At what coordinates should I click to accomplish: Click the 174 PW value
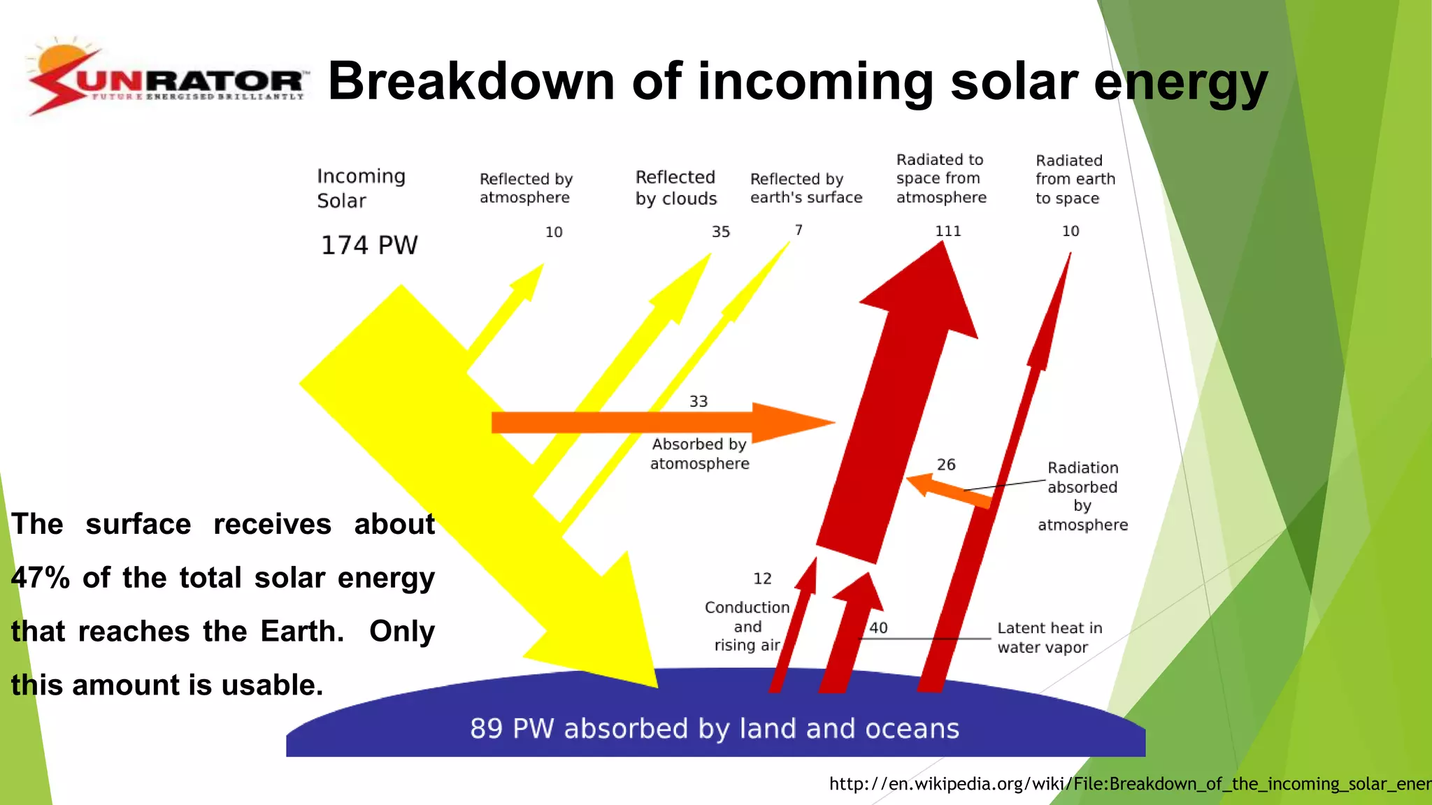click(369, 245)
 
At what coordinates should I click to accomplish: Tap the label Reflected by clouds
click(675, 188)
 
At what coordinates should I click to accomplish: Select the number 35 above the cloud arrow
click(721, 232)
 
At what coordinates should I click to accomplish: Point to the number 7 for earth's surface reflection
click(799, 230)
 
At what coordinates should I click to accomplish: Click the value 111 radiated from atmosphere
click(948, 231)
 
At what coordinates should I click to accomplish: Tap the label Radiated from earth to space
click(1075, 180)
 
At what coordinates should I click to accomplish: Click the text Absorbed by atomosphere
click(699, 454)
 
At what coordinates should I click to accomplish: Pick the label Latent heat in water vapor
click(1049, 637)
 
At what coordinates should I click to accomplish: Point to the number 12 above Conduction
click(762, 579)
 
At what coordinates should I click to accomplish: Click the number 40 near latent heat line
click(878, 628)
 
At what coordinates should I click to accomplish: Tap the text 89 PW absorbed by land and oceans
click(714, 728)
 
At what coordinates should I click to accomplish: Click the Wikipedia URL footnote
click(1129, 783)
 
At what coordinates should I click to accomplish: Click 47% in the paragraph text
click(41, 578)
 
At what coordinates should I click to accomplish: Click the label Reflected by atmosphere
click(526, 188)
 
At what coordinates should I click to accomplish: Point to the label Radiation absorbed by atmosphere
click(1082, 496)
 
